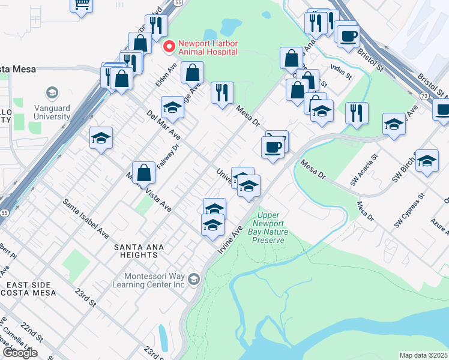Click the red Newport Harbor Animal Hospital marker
tap(170, 46)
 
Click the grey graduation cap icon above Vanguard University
tap(52, 93)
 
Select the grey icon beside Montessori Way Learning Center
tap(193, 279)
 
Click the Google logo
tap(20, 353)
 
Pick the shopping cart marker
tap(81, 4)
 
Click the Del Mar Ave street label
tap(163, 123)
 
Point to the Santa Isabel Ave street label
tap(86, 218)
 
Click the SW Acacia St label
tap(364, 170)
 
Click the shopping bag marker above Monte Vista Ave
tap(144, 173)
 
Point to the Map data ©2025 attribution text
tap(423, 355)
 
